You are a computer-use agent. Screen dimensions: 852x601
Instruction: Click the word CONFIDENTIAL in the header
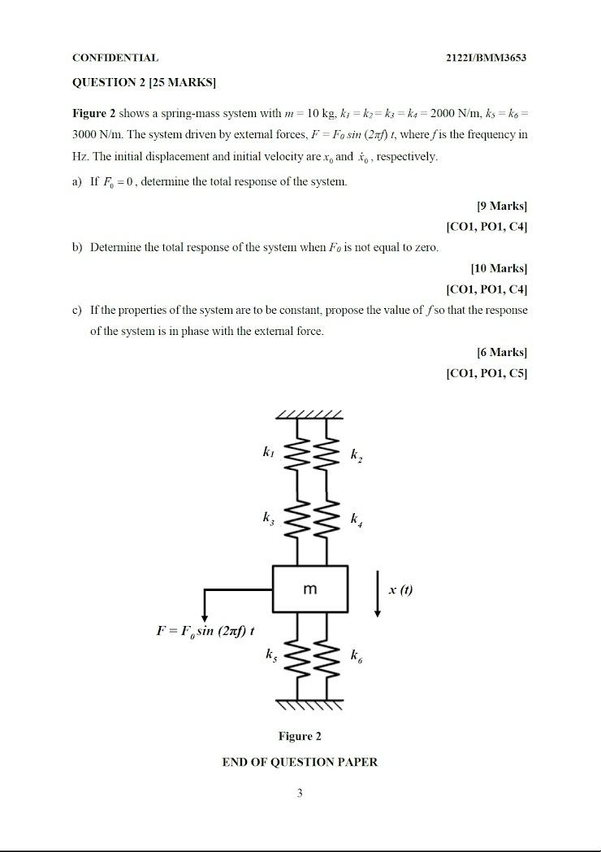coord(115,58)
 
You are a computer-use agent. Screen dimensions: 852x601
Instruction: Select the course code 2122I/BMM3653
coord(486,58)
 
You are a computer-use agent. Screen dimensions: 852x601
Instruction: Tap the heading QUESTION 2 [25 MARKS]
coord(144,82)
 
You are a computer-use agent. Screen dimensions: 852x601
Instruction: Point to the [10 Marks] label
coord(499,268)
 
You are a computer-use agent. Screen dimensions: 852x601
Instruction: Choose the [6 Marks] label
coord(502,352)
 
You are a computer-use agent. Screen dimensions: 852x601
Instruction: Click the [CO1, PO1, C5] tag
coord(486,373)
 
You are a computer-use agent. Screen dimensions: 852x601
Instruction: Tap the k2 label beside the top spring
coord(357,456)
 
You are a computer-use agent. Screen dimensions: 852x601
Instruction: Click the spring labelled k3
coord(296,520)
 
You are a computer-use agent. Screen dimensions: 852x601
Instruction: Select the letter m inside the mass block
coord(310,589)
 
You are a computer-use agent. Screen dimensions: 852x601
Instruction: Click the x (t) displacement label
coord(400,589)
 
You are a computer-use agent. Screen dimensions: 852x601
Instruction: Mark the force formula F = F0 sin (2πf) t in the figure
coord(205,630)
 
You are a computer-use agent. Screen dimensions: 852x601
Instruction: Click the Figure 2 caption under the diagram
coord(300,737)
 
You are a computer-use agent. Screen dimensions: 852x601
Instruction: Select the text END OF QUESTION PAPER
coord(300,762)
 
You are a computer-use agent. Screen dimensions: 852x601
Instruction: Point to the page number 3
coord(300,793)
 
